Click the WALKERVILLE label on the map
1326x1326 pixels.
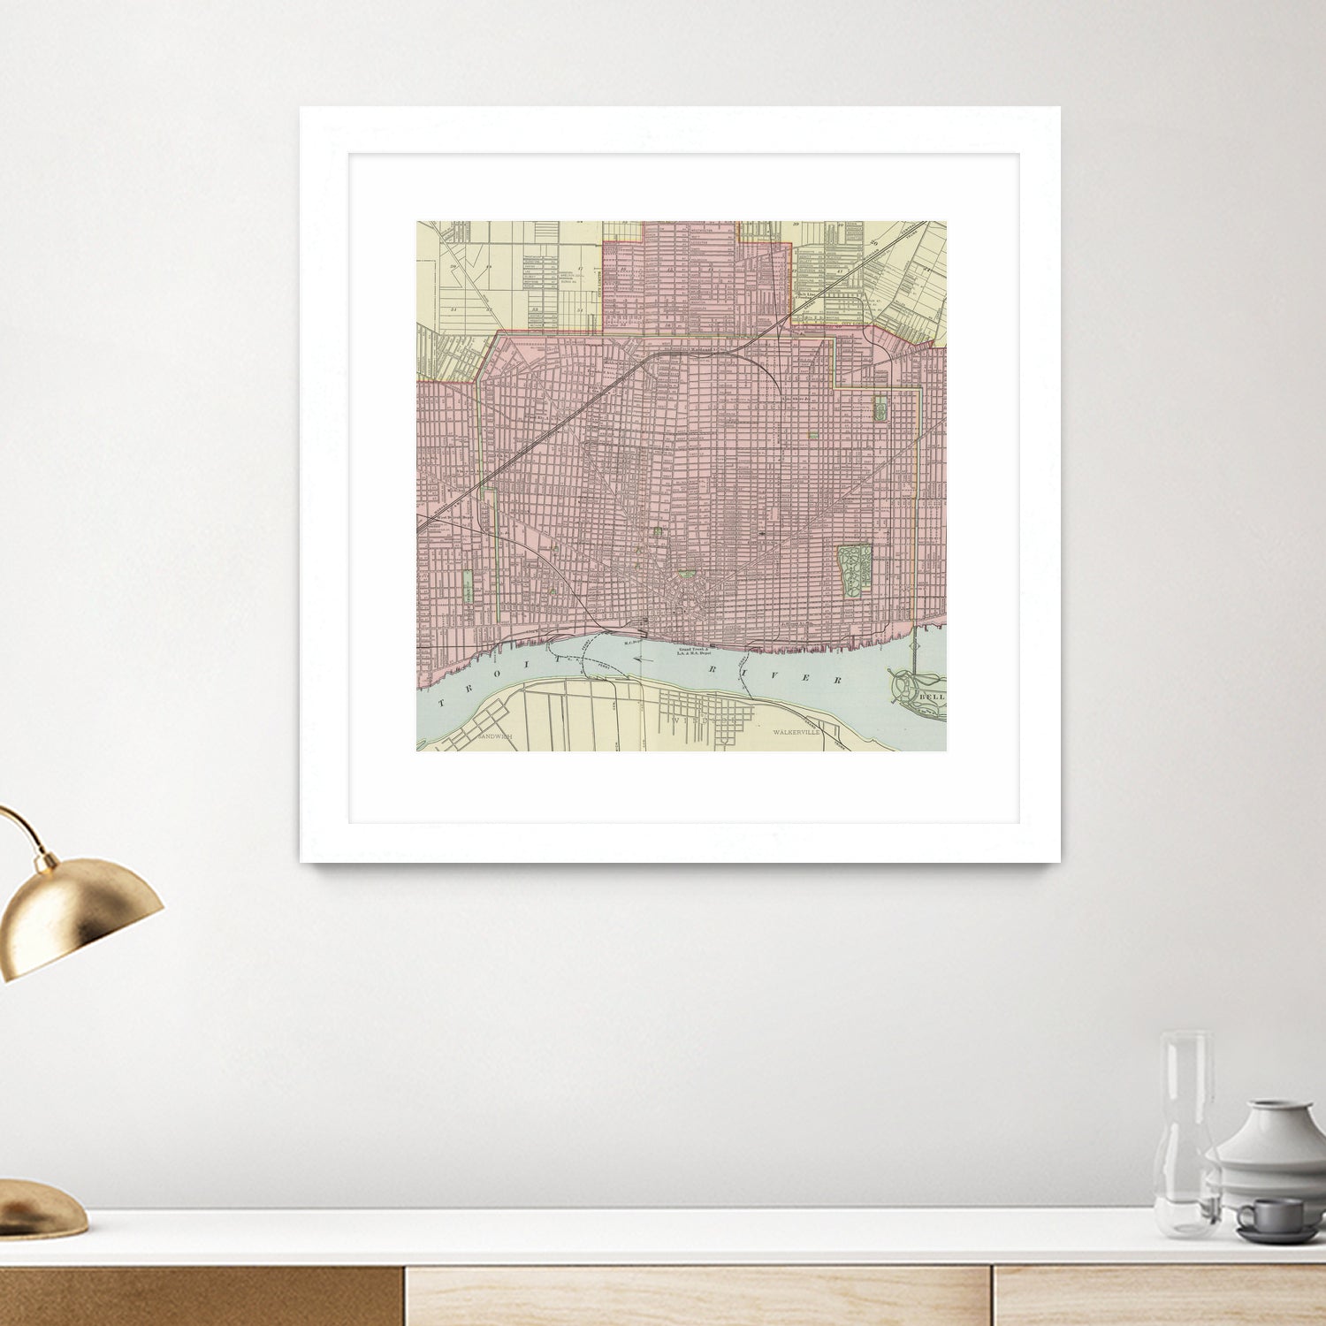pyautogui.click(x=796, y=733)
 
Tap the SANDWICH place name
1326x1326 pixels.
pyautogui.click(x=494, y=735)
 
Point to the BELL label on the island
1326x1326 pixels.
pyautogui.click(x=932, y=697)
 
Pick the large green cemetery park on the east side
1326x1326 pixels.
pyautogui.click(x=854, y=569)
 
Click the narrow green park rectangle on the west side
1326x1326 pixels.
pyautogui.click(x=466, y=586)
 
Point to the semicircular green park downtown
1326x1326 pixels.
pyautogui.click(x=686, y=575)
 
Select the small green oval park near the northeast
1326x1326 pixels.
pyautogui.click(x=880, y=408)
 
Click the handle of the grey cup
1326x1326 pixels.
pyautogui.click(x=1246, y=1218)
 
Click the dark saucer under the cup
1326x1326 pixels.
pyautogui.click(x=1278, y=1234)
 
